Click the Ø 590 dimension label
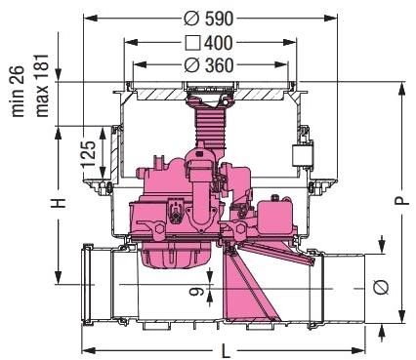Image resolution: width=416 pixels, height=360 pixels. coord(209,19)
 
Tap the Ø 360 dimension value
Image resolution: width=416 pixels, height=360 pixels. coord(209,65)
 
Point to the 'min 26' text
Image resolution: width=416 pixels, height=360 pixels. coord(18,91)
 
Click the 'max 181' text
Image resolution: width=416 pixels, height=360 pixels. coord(42,86)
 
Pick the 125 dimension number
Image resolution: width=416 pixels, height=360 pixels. coord(89,154)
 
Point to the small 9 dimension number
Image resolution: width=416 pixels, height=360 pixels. coord(196,290)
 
